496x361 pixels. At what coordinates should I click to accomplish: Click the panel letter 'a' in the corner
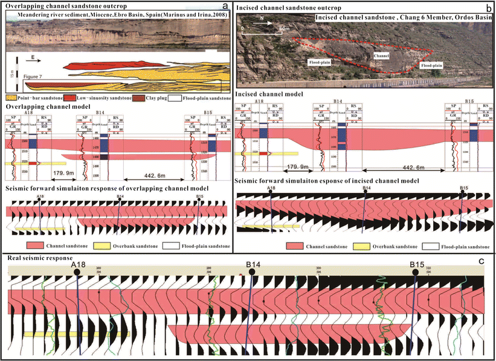point(225,7)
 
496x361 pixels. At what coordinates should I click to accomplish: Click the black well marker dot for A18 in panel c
point(77,273)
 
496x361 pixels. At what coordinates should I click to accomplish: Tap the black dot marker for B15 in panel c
point(416,273)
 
